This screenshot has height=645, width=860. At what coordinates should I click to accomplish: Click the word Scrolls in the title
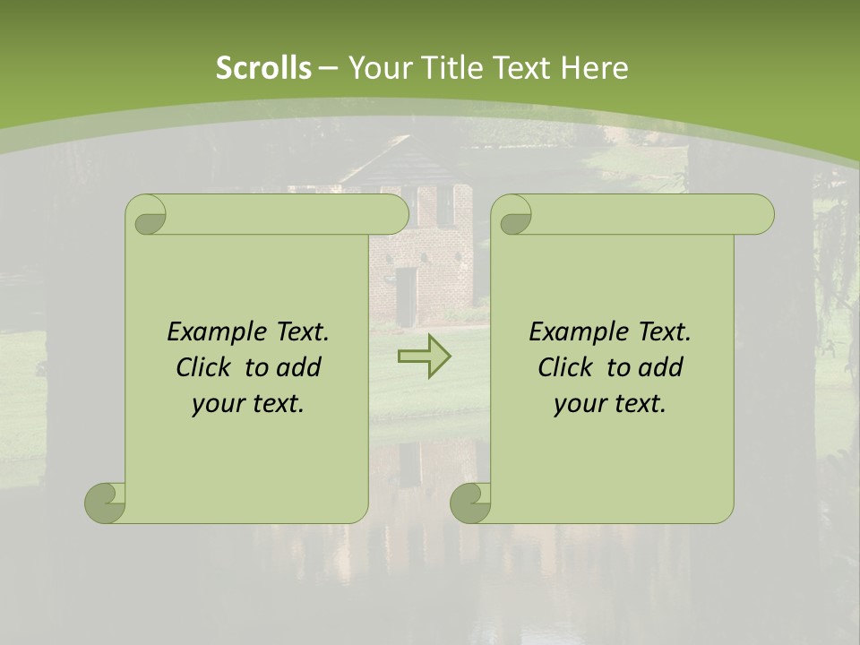[x=263, y=68]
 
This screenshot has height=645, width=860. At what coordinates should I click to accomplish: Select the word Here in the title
[x=593, y=68]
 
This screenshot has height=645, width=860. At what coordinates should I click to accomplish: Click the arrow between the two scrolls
[x=424, y=357]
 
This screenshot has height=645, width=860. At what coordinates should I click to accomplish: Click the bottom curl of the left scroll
[x=105, y=503]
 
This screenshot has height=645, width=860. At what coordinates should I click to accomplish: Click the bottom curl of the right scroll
[x=470, y=503]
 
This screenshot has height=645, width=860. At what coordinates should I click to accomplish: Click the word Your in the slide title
[x=377, y=68]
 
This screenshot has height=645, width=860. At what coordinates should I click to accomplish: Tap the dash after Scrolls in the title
[x=328, y=68]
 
